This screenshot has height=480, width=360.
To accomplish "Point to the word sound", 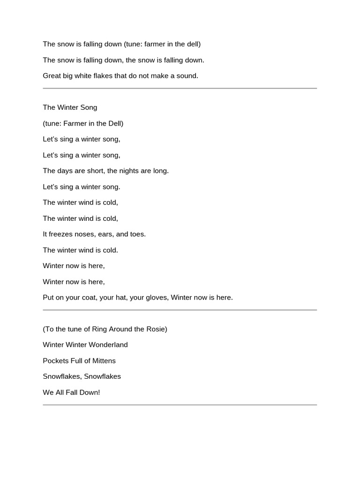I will pos(187,76).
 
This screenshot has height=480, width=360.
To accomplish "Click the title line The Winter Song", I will pos(70,107).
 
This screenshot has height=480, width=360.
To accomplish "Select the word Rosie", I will pos(156,329).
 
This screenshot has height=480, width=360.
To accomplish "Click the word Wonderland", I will pos(106,345).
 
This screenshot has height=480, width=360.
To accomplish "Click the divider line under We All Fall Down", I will pos(180,405).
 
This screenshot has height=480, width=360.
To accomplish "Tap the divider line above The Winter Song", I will pos(180,88).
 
